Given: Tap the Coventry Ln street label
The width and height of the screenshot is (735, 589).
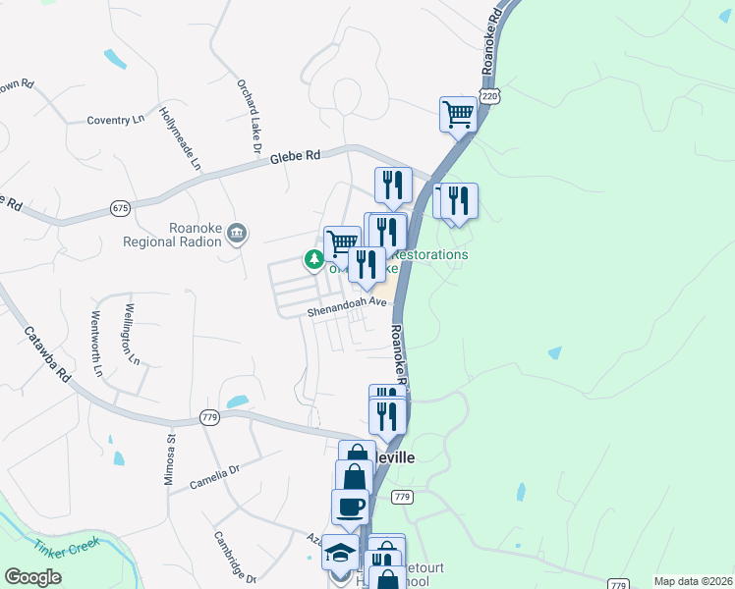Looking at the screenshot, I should (115, 120).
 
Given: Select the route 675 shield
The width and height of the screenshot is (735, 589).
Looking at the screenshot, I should (121, 208).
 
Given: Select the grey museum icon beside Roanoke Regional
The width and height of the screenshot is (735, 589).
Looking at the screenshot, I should (237, 234).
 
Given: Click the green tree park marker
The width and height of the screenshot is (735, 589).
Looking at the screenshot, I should (313, 260).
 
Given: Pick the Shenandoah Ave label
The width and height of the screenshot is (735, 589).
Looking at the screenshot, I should (343, 308).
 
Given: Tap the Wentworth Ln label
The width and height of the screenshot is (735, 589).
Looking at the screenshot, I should (96, 344).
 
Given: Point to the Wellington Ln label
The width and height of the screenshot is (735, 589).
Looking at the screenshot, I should (129, 335).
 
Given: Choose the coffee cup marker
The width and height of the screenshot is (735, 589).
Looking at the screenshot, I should (350, 507).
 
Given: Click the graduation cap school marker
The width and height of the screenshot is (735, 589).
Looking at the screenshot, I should (340, 554).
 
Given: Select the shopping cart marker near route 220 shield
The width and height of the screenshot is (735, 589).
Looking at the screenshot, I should (458, 114).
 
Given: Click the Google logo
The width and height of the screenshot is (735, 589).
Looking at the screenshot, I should (32, 577).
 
